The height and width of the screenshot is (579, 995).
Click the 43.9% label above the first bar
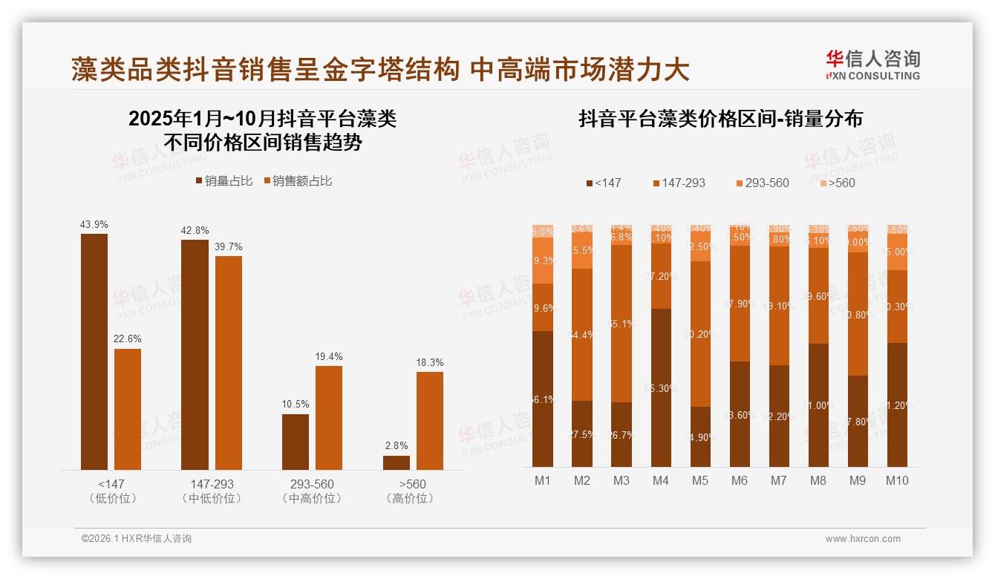click(x=94, y=224)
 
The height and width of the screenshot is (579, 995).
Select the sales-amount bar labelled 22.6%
click(x=128, y=409)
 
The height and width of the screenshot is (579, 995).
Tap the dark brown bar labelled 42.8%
click(x=195, y=354)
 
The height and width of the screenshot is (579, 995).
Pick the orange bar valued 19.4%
click(x=329, y=417)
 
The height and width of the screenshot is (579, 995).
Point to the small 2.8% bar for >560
click(x=397, y=462)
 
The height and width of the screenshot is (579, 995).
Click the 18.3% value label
click(x=430, y=362)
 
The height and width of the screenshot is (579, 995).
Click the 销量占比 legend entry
click(x=224, y=180)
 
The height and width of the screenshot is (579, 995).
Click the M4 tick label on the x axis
click(x=660, y=480)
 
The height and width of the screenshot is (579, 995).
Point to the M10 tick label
click(x=896, y=480)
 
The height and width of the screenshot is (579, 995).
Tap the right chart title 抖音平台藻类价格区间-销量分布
click(x=720, y=120)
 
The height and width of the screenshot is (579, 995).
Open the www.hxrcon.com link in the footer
click(x=863, y=539)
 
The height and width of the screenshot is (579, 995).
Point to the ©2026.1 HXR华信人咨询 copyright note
click(x=136, y=539)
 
